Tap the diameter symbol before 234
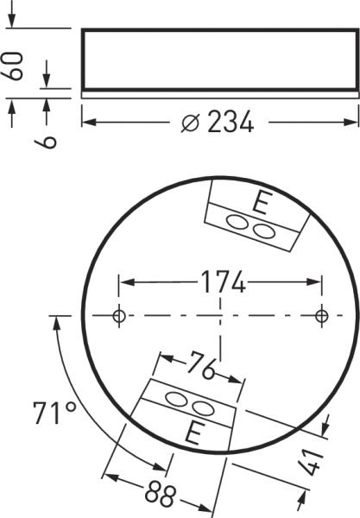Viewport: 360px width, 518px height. pos(191,123)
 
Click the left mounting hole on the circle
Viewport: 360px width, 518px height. pos(119,316)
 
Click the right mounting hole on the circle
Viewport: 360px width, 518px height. pos(321,316)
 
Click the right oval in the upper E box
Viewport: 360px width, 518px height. pos(260,229)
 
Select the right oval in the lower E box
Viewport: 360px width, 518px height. pos(201,407)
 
